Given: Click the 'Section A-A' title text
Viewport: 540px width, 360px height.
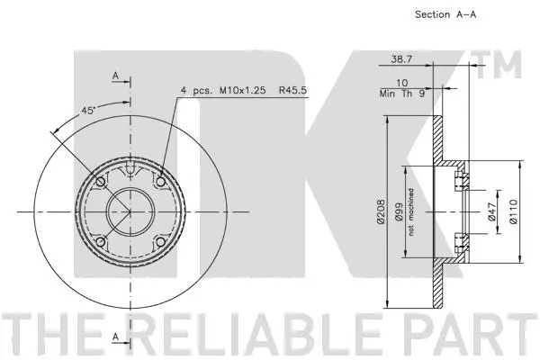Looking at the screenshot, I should tap(445, 14).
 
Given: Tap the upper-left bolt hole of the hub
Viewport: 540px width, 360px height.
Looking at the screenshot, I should tap(99, 183).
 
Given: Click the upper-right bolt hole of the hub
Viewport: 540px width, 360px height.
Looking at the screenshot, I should tap(160, 183).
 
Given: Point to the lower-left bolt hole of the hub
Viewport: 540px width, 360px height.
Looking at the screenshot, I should tap(99, 243).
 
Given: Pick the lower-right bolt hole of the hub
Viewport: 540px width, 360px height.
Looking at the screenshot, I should tap(160, 243).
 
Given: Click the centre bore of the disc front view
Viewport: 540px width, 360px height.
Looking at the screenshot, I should tap(130, 212).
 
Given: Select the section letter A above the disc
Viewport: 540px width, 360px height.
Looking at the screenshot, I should tap(116, 77).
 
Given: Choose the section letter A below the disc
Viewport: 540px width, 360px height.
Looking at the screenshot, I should tap(116, 337).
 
